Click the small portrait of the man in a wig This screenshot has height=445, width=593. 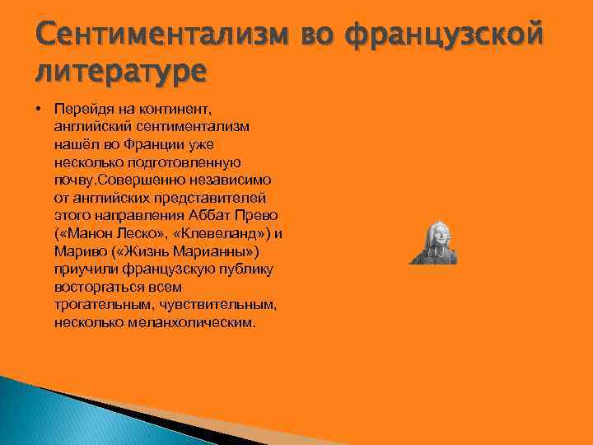tap(432, 242)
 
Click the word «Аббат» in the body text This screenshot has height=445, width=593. tap(212, 215)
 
